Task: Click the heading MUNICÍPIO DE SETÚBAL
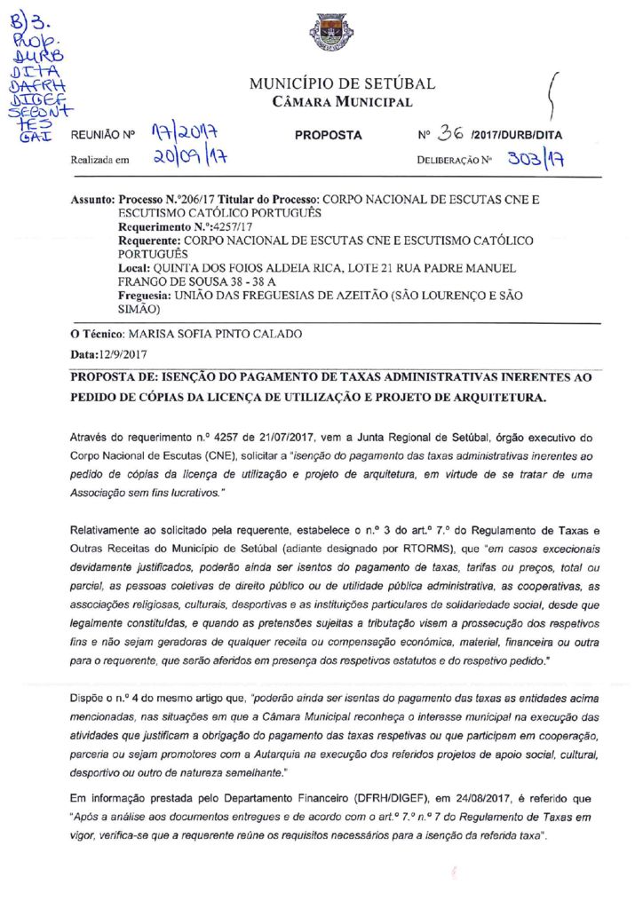point(342,84)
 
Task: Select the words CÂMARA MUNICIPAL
point(342,103)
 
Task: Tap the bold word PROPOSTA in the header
point(328,136)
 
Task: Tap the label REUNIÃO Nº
point(102,136)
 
